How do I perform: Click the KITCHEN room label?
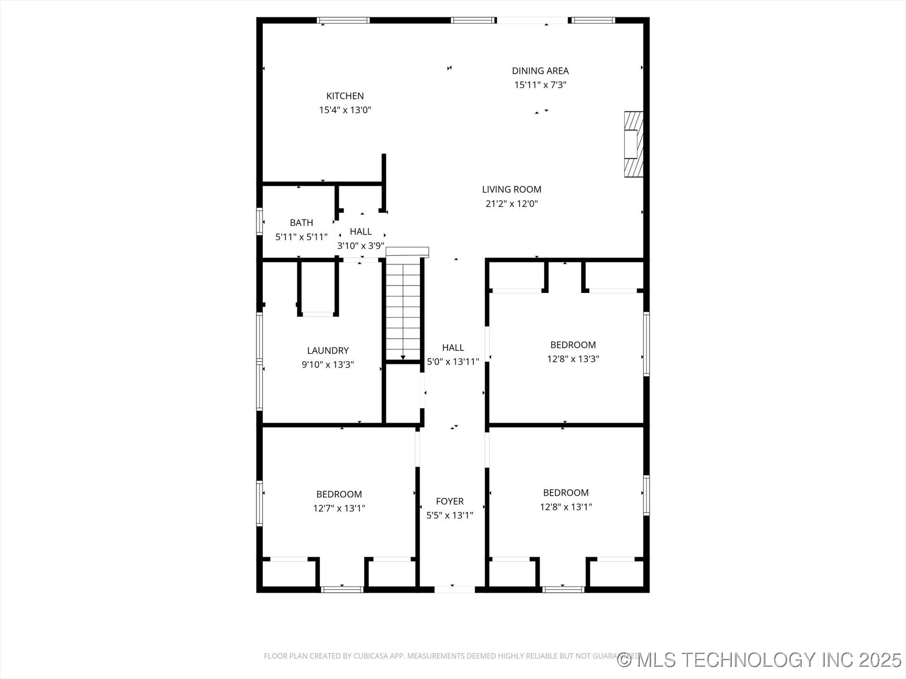coord(345,96)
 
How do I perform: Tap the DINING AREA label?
coord(540,71)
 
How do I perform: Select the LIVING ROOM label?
coord(512,189)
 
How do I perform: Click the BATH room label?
coord(301,223)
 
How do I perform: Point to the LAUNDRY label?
coord(327,350)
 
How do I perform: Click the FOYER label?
coord(449,501)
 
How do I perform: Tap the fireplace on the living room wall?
coord(633,144)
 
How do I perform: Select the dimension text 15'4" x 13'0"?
coord(345,110)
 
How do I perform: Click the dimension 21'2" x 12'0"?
coord(512,204)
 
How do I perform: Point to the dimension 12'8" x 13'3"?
coord(573,359)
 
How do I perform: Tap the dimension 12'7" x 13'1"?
coord(339,508)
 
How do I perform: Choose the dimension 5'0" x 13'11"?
coord(453,362)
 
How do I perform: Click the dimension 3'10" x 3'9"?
coord(361,246)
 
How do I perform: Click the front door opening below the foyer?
coord(454,589)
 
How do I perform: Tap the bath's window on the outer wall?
coord(259,221)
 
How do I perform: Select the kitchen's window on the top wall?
coord(343,20)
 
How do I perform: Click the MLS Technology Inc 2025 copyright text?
coord(760,660)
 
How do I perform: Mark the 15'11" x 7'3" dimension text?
coord(540,85)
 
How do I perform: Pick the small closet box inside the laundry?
coord(318,288)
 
